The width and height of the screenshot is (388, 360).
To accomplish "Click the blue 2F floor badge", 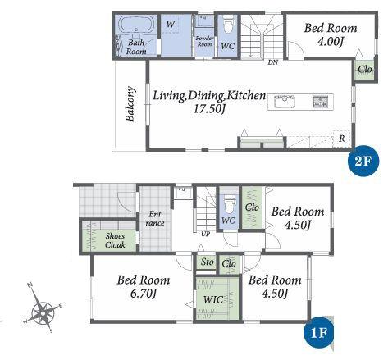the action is (x=363, y=162).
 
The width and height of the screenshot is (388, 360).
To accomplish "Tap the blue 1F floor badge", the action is (x=319, y=332).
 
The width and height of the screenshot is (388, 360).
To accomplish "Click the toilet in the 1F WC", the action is (x=228, y=206).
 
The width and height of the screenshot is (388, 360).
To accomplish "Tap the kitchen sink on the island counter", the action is (x=285, y=102).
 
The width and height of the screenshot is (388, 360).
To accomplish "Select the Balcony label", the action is (x=130, y=104).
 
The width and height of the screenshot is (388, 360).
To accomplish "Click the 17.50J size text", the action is (x=209, y=109).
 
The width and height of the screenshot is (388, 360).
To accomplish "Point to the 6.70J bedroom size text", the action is (x=144, y=294).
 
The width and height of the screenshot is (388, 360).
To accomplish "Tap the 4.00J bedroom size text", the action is (x=331, y=42).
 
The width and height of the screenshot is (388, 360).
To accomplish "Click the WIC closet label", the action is (x=213, y=299).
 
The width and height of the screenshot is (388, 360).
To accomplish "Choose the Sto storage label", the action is (x=207, y=262).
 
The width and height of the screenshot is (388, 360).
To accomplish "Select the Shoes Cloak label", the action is (x=115, y=240).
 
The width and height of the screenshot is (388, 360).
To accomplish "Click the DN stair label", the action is (x=272, y=62).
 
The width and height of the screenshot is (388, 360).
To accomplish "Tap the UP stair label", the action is (x=205, y=234).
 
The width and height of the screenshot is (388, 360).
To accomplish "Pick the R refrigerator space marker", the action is (x=342, y=139).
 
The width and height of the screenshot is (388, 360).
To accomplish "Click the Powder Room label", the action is (x=204, y=41).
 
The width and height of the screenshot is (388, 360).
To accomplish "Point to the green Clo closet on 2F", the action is (x=365, y=70).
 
